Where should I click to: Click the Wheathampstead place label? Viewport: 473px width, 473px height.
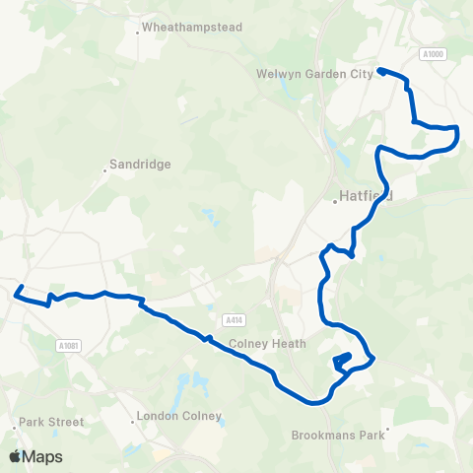192,28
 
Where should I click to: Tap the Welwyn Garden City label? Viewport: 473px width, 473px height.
314,73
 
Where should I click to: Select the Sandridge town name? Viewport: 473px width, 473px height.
141,165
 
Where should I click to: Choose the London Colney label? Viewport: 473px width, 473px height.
179,416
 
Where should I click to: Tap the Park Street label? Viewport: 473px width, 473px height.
51,421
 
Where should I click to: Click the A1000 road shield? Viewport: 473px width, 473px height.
433,54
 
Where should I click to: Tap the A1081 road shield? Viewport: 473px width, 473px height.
67,344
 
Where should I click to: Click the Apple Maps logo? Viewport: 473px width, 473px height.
35,456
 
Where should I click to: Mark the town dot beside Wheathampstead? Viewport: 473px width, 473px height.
138,33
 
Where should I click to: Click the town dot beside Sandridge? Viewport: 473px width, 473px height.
104,170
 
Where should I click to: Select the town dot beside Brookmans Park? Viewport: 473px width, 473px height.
388,429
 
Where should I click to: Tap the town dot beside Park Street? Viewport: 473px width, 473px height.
15,427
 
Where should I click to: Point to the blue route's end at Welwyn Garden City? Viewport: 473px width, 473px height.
379,70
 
